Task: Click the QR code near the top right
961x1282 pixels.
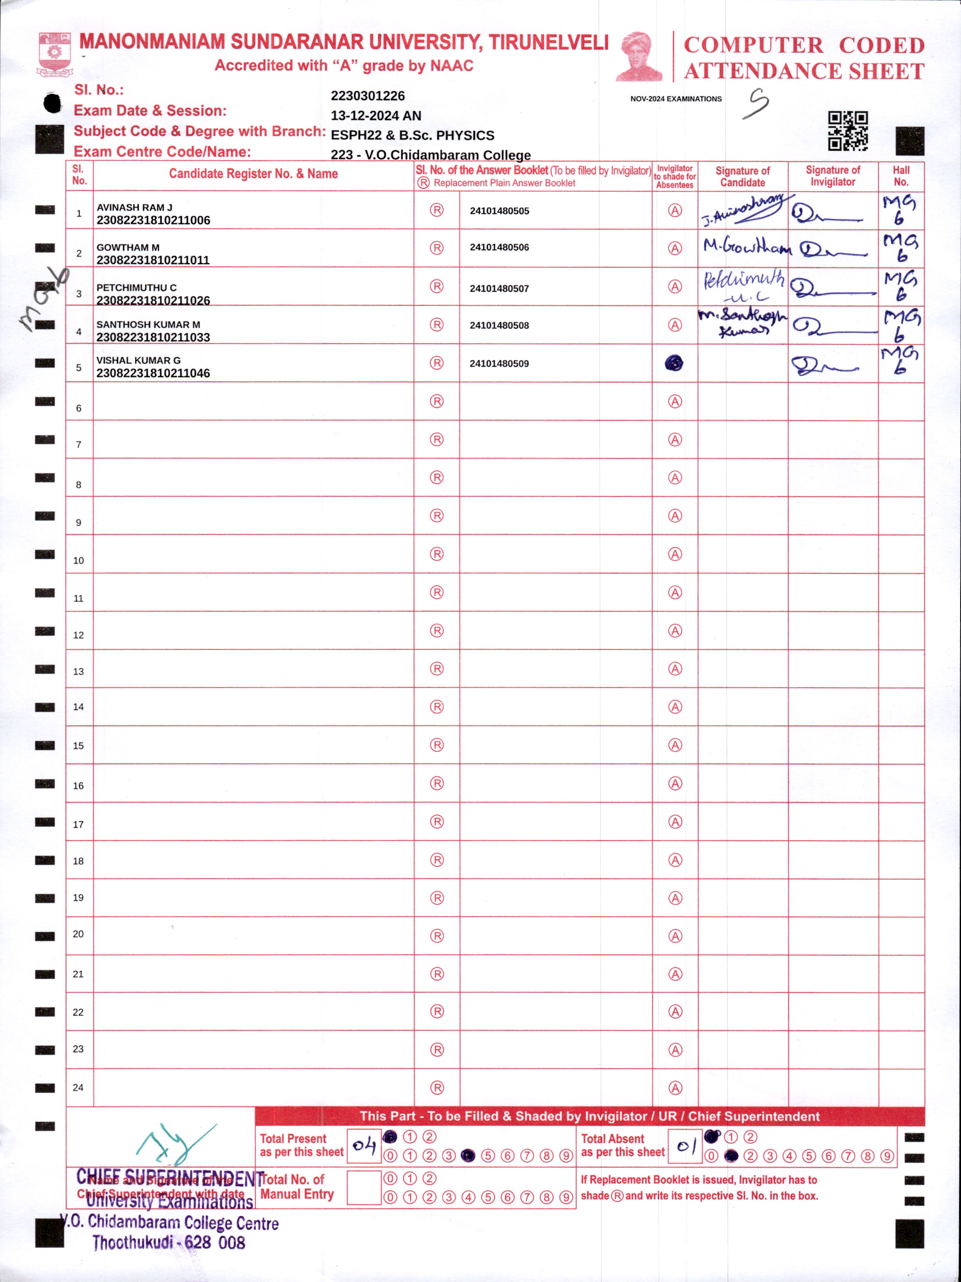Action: point(847,130)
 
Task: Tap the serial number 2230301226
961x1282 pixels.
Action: point(367,96)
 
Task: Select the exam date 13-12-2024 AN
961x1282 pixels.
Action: point(376,115)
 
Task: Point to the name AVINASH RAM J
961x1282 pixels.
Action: point(135,207)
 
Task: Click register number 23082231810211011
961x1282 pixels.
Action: point(153,260)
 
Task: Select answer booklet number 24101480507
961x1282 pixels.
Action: point(499,288)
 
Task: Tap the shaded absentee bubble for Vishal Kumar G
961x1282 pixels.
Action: point(674,363)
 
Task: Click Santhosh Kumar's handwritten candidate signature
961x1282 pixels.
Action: point(743,323)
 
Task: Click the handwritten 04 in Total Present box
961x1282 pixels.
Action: point(364,1145)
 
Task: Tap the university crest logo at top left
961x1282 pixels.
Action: point(54,53)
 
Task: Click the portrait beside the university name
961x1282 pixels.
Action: point(640,56)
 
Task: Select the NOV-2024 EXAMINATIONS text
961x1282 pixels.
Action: point(676,99)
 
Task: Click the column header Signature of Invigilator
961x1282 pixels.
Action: point(832,176)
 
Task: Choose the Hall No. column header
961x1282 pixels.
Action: point(901,176)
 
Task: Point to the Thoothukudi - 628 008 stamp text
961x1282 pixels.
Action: point(169,1243)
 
